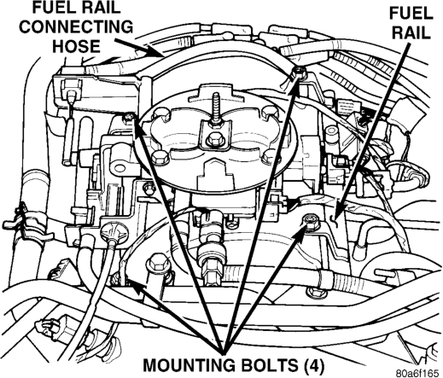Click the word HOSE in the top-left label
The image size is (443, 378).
[76, 46]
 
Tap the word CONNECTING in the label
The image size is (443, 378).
[76, 26]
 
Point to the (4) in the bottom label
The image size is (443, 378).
[314, 365]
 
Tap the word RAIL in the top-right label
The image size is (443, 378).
[411, 32]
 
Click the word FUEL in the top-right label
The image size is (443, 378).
[411, 13]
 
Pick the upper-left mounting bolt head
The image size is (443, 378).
[130, 118]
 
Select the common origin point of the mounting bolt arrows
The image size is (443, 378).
[224, 352]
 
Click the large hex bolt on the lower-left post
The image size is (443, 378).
[158, 262]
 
